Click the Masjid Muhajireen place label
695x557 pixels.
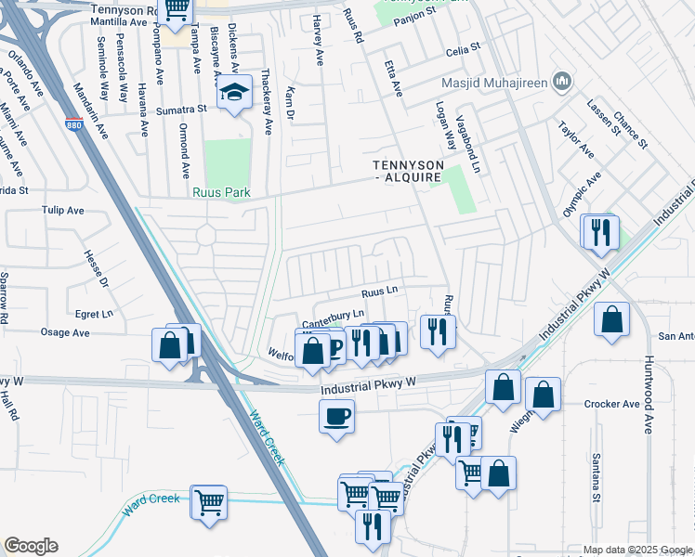point(492,83)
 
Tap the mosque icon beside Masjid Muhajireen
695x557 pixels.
point(561,83)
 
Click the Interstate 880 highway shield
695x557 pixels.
point(75,125)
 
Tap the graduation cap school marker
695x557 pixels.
point(232,94)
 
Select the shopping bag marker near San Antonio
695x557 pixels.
point(611,320)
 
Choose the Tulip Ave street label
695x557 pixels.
point(64,210)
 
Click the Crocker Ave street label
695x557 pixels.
point(612,404)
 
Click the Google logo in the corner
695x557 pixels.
point(31,546)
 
